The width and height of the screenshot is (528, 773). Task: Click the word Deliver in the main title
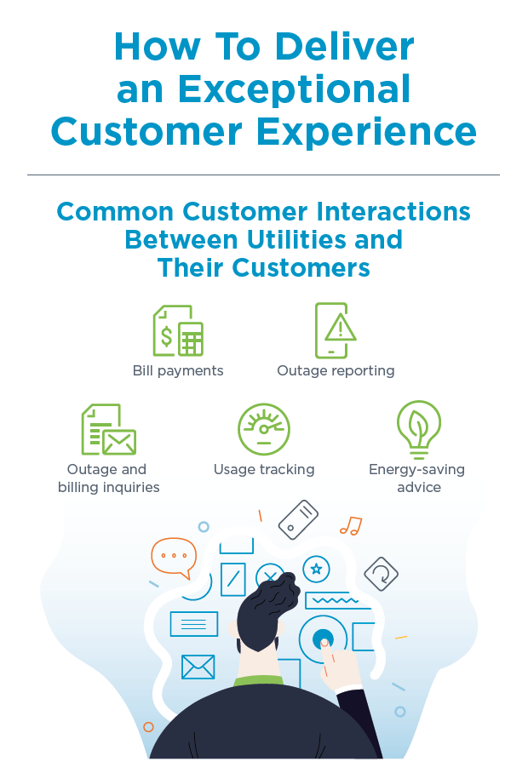tap(344, 47)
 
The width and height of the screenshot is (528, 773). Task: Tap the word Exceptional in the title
tap(295, 89)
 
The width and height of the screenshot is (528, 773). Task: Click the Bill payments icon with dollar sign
tap(178, 331)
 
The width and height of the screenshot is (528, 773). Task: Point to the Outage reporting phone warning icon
tap(336, 330)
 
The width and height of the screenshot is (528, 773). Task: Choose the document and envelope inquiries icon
tap(108, 429)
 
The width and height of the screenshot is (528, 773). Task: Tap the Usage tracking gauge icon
tap(264, 429)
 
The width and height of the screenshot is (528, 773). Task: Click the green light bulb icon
tap(418, 429)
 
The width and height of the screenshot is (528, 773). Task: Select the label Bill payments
tap(178, 370)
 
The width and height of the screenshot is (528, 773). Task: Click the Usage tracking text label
tap(264, 469)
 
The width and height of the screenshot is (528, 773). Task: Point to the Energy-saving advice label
tap(417, 478)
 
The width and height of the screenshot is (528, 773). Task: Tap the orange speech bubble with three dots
tap(174, 558)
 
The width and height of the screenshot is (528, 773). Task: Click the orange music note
tap(351, 526)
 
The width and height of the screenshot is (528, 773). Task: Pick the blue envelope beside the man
tap(198, 667)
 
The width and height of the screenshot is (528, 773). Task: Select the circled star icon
tap(316, 570)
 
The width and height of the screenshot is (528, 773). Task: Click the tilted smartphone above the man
tap(298, 519)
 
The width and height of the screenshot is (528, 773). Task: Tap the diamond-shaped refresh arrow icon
tap(381, 574)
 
